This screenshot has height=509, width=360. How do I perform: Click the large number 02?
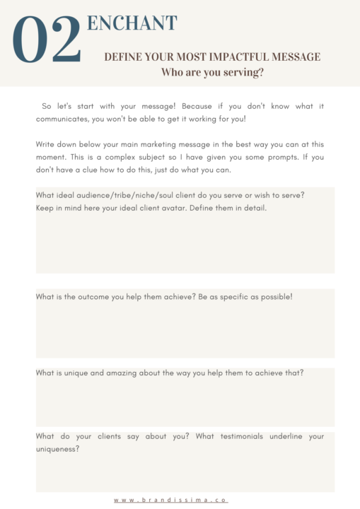click(47, 41)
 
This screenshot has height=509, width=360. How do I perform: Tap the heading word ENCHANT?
click(132, 23)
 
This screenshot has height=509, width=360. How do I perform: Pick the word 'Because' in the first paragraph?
click(171, 106)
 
